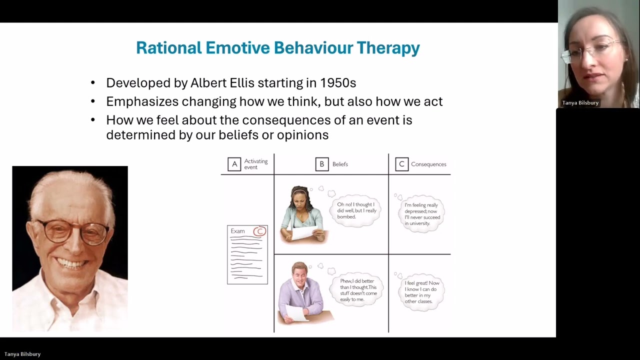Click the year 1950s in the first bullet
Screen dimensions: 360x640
tap(338, 82)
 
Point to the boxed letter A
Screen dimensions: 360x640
tap(234, 164)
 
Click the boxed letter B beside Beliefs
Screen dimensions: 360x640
tap(322, 164)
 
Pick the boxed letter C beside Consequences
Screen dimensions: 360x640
tap(401, 164)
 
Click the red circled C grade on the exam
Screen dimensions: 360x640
tap(259, 231)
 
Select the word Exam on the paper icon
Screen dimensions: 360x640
tap(237, 231)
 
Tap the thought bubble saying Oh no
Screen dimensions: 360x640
tap(356, 210)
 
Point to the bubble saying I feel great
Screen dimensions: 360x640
tap(421, 292)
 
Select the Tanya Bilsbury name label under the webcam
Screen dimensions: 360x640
tap(580, 103)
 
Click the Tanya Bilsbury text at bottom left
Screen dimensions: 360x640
tap(22, 354)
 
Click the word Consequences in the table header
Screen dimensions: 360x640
tap(428, 164)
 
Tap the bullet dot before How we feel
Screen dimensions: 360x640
tap(93, 120)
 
